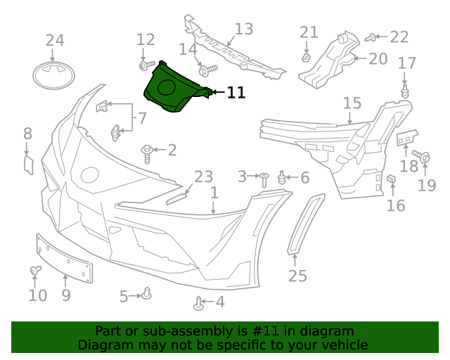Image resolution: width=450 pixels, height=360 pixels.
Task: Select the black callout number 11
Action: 236,92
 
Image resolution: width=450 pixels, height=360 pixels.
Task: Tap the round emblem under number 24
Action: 54,75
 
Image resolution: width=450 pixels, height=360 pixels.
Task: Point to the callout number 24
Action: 54,40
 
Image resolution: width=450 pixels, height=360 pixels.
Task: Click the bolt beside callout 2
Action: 148,152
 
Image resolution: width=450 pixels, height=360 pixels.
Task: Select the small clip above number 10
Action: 34,270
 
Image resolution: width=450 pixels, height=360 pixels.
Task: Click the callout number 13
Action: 243,29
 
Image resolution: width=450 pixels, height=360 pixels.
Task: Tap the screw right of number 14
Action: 209,70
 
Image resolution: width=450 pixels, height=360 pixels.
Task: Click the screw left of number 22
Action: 373,37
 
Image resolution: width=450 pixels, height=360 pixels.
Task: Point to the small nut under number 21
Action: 307,56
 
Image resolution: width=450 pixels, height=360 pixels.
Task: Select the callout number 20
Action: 378,58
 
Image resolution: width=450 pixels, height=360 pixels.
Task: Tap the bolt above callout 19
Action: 422,156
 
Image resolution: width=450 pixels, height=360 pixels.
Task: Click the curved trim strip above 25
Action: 307,222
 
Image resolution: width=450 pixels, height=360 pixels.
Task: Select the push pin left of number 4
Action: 199,304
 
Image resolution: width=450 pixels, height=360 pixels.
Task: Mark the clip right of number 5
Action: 147,293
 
